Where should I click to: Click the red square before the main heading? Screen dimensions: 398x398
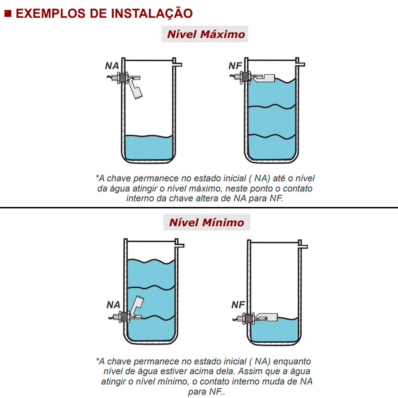click(x=8, y=14)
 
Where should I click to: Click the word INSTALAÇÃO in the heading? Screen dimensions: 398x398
click(x=152, y=13)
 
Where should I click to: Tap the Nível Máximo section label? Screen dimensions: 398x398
click(x=206, y=34)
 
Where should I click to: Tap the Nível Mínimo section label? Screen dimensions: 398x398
click(x=207, y=222)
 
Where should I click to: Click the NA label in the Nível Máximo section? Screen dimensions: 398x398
click(x=112, y=66)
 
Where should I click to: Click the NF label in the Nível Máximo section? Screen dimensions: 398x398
click(x=235, y=66)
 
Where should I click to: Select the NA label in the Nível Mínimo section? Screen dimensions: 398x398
click(x=113, y=305)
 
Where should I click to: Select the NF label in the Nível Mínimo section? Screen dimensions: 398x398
click(x=238, y=305)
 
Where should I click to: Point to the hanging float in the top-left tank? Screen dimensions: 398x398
click(x=136, y=89)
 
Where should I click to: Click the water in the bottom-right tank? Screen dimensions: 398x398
click(x=275, y=331)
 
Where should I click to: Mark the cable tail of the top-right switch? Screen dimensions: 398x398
click(x=232, y=76)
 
